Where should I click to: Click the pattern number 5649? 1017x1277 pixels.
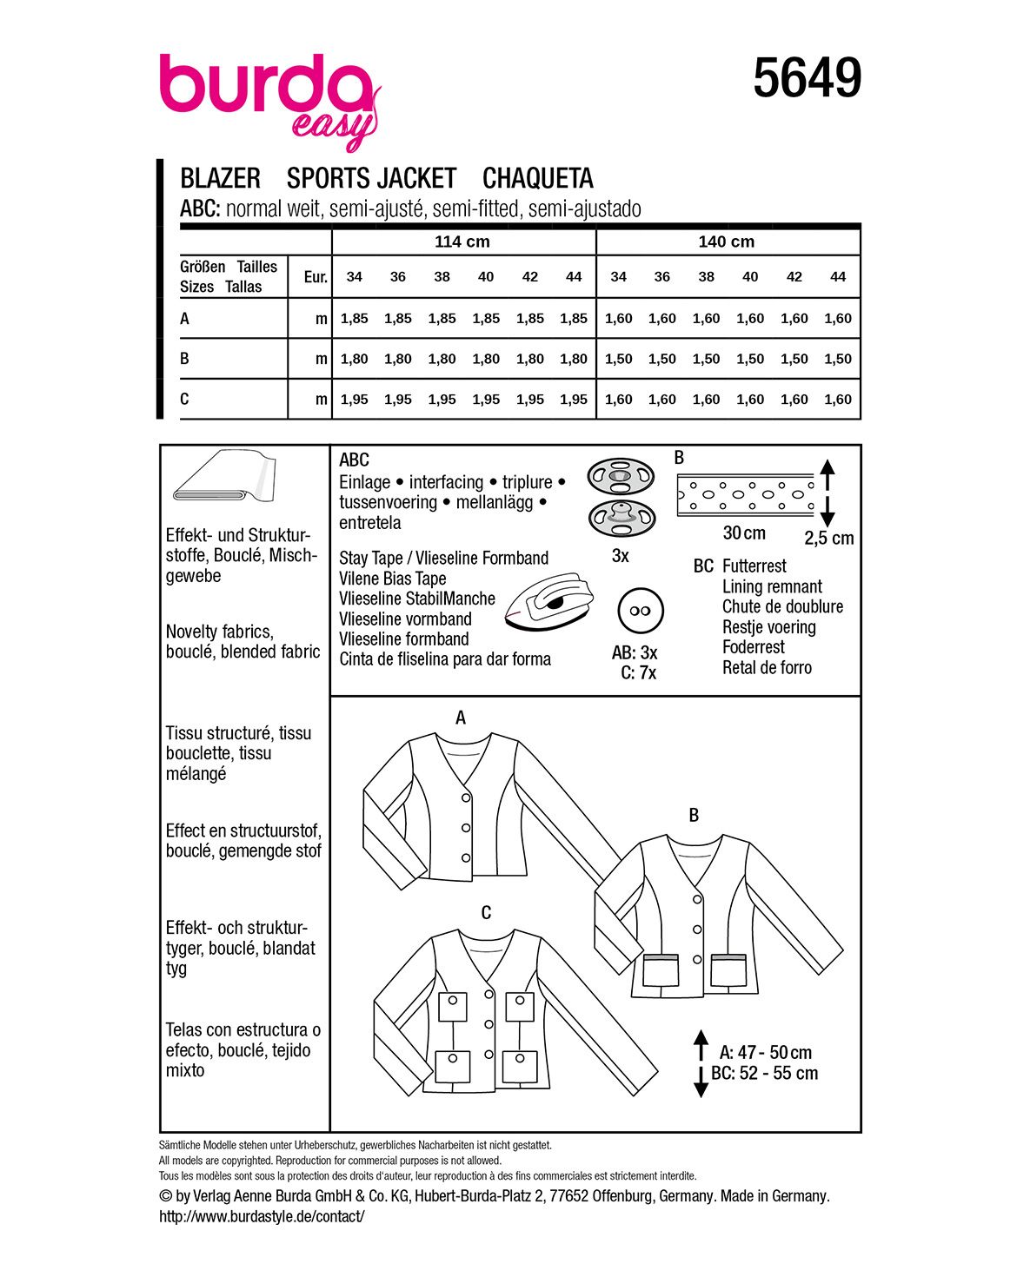pos(807,78)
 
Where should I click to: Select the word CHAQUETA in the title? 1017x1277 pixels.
pos(537,178)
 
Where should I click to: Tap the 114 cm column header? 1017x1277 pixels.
pos(462,242)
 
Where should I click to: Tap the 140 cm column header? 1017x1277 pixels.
pos(727,242)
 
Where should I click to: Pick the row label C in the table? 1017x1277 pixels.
pos(184,399)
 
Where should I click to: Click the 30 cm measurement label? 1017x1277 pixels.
pos(744,533)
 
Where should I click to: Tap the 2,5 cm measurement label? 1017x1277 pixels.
pos(828,538)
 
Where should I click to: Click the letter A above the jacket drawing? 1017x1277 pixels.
pos(461,718)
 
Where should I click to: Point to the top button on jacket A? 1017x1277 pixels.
pos(466,797)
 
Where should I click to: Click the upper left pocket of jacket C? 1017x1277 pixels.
pos(452,1008)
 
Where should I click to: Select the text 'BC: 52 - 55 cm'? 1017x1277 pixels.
pos(765,1073)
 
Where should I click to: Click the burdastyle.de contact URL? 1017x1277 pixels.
pos(262,1216)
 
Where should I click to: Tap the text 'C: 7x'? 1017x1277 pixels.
pos(639,672)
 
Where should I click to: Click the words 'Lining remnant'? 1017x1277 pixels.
pos(772,586)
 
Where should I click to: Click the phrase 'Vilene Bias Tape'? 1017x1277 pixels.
pos(393,579)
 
